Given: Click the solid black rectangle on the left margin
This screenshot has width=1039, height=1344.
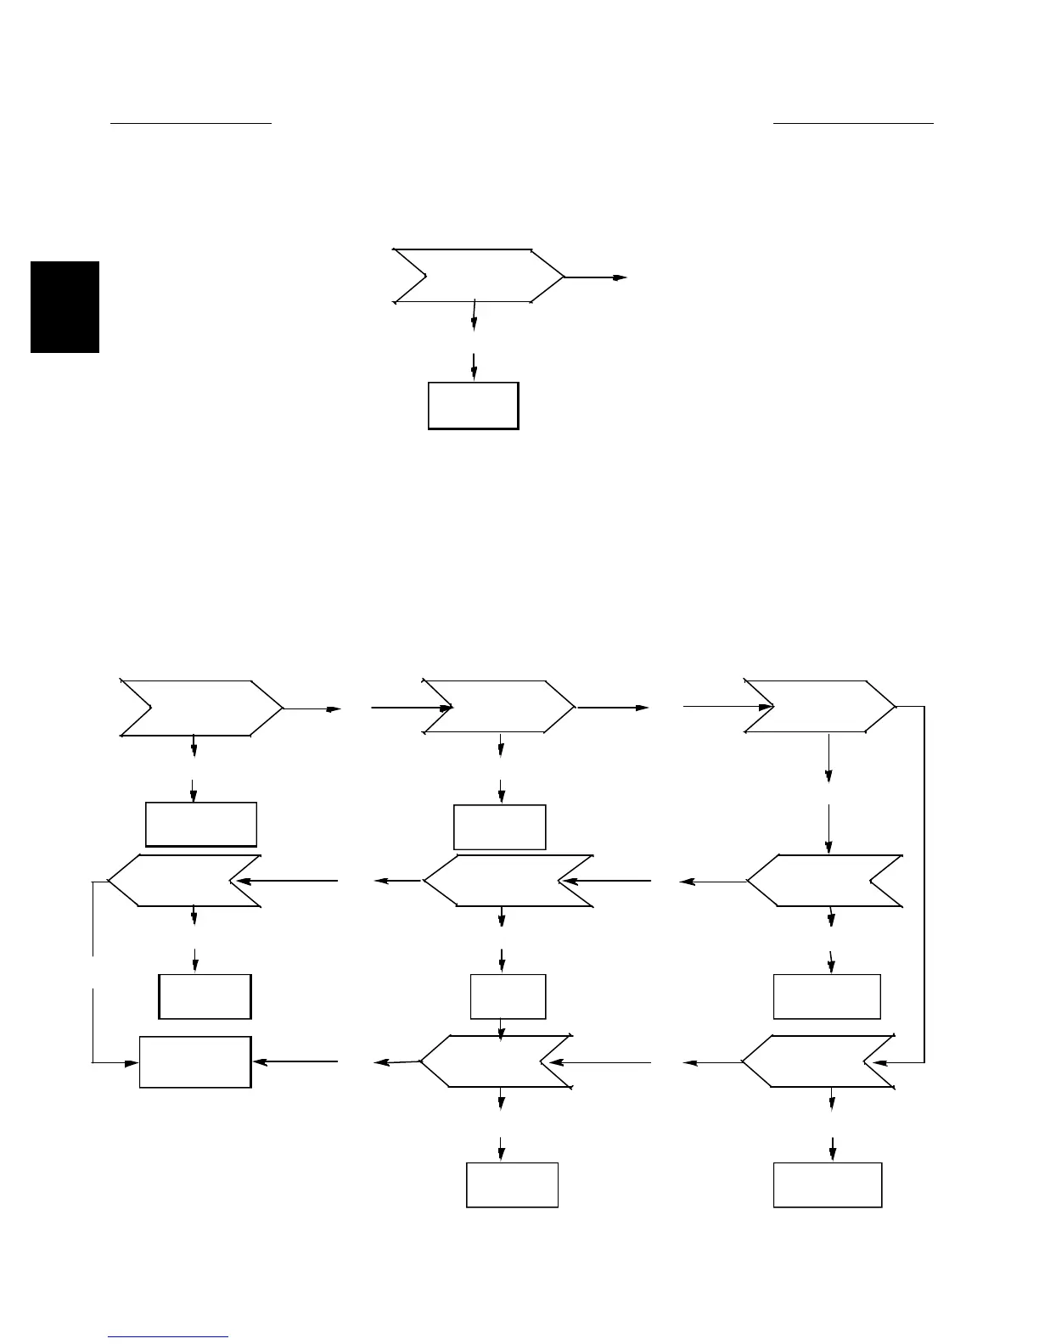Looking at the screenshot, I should click(65, 307).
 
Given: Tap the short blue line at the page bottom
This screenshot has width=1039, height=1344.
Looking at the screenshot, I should click(169, 1337).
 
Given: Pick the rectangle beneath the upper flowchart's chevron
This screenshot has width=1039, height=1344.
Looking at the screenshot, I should click(473, 406).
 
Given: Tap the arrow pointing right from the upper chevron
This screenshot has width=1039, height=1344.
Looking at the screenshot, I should click(597, 277).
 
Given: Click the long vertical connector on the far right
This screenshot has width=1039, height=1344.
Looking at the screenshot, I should click(924, 882).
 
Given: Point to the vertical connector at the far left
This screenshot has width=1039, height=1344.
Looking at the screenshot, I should click(93, 972).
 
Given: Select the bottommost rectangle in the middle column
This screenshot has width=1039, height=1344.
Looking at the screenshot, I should click(512, 1184).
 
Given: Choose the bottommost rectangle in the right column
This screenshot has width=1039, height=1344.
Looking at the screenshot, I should click(828, 1184).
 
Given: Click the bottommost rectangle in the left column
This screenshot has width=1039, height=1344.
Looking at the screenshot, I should click(195, 1061).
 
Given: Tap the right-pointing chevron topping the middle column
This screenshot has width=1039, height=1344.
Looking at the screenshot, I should click(499, 706).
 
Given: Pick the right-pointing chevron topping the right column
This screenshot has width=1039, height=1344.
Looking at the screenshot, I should click(820, 706).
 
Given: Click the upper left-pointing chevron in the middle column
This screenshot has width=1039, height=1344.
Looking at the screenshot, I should click(508, 881).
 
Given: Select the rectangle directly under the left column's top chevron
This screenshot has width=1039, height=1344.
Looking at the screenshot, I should click(201, 824).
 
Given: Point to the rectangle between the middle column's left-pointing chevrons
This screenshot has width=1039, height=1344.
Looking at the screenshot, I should click(508, 996).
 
